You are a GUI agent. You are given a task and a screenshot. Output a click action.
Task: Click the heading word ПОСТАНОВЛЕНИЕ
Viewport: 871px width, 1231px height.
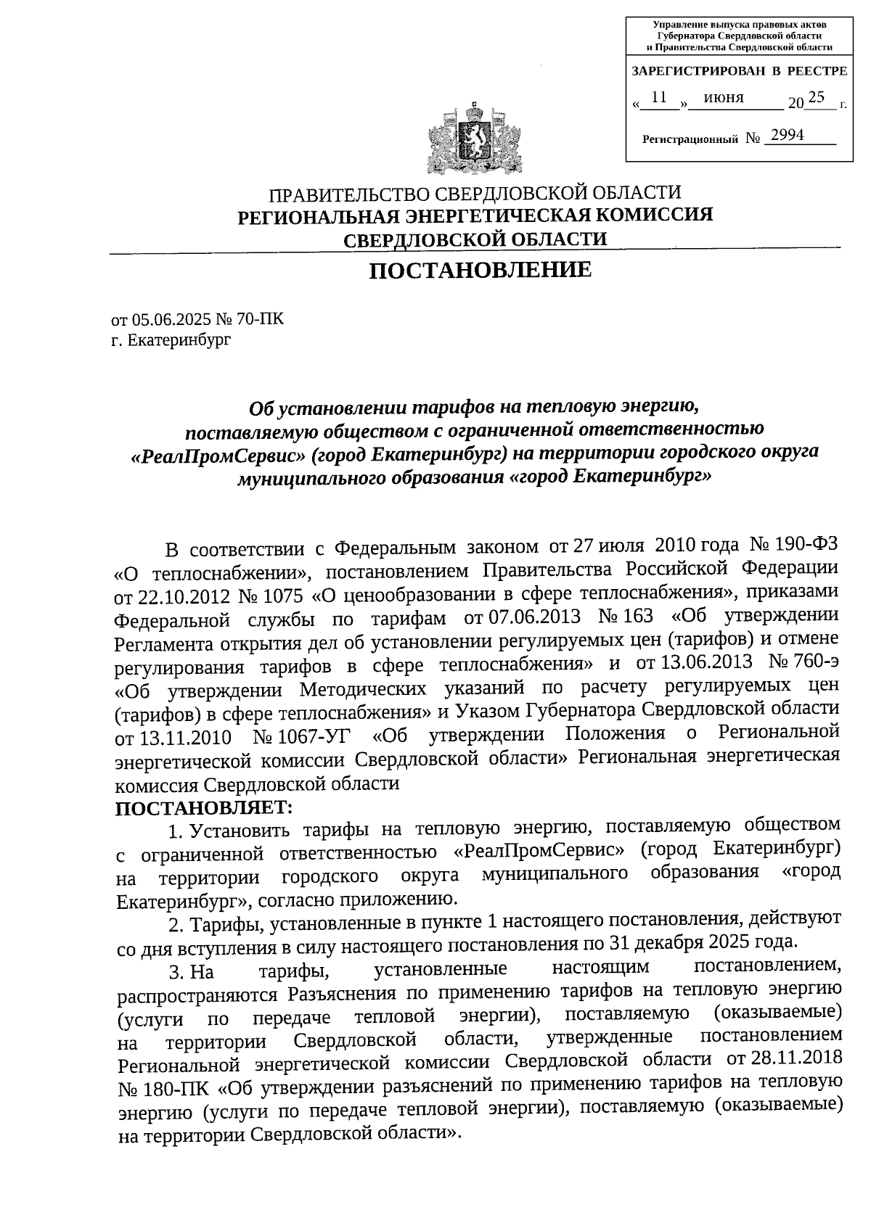[481, 271]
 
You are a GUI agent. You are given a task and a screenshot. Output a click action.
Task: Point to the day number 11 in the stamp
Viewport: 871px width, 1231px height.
[659, 97]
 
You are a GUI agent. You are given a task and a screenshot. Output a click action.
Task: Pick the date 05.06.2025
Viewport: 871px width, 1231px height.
[165, 319]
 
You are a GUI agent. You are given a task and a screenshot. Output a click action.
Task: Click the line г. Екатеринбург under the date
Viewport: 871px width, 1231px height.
[171, 339]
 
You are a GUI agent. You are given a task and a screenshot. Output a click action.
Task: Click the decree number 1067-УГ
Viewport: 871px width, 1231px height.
[301, 737]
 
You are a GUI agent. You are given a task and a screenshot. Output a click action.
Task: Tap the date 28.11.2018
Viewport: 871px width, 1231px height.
[796, 1058]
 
